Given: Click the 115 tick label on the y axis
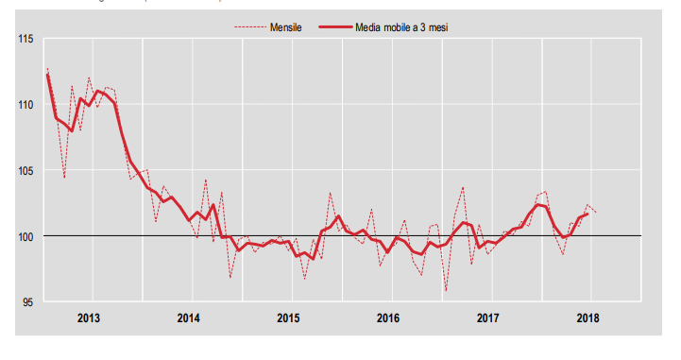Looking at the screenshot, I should click(25, 39).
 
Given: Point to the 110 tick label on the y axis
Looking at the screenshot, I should click(25, 104).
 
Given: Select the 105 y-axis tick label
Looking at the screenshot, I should click(25, 170).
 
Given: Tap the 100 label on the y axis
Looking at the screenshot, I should click(25, 235).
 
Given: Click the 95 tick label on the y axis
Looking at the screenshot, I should click(27, 301).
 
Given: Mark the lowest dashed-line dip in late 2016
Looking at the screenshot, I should click(446, 291).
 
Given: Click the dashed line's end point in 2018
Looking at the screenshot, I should click(596, 212).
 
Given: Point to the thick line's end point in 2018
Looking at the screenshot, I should click(587, 214).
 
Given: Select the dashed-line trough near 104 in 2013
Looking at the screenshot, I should click(64, 178).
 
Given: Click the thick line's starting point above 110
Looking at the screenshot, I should click(47, 73).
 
